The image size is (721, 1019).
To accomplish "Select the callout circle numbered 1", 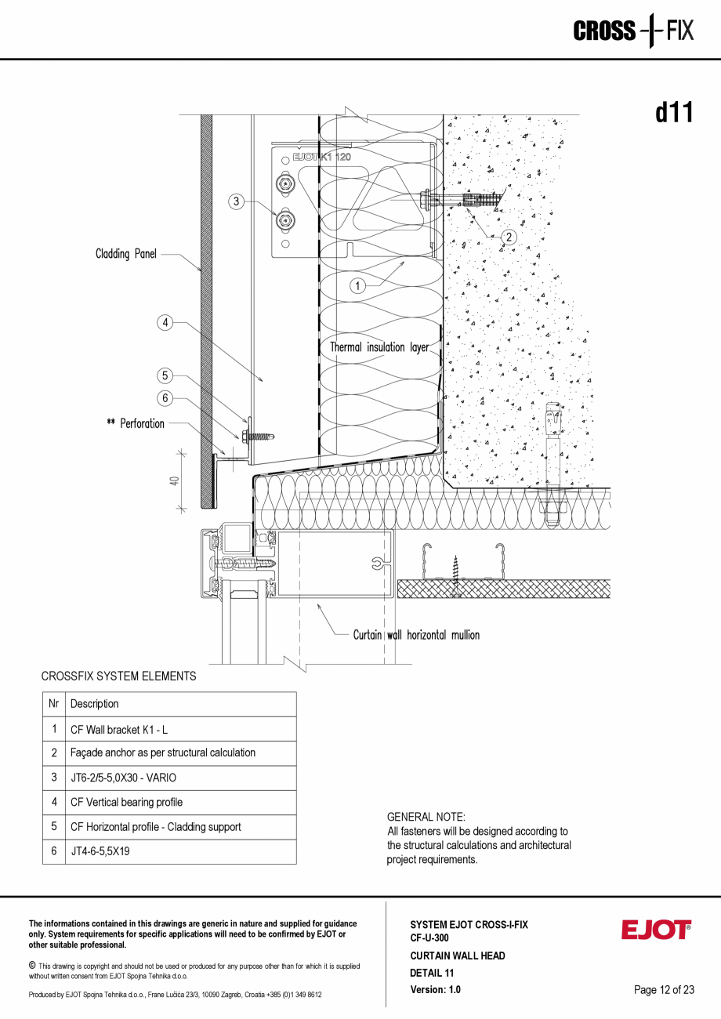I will point(357,286).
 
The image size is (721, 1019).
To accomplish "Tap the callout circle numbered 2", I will point(509,237).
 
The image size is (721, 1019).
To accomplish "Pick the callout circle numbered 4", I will point(165,322).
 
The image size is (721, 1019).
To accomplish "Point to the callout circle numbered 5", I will point(165,375).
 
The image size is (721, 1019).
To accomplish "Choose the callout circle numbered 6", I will point(165,398).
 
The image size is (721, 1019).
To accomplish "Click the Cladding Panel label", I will point(126,254).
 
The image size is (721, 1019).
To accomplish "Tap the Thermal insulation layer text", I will point(379,346).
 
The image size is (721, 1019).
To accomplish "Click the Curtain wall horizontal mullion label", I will point(416,635).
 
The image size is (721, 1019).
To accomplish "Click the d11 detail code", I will point(674,113).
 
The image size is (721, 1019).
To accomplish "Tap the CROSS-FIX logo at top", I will point(633,31).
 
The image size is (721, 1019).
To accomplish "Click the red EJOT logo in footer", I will point(657,930).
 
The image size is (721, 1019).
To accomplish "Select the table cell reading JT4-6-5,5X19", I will point(100,850).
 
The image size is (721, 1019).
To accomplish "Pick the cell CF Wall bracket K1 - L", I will point(119,730).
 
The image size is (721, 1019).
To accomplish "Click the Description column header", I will point(95,704).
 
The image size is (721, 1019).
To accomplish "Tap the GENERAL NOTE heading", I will point(426,817).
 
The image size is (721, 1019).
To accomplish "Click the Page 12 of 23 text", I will point(664,990).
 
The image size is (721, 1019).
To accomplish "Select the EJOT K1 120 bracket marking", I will point(321,158).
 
